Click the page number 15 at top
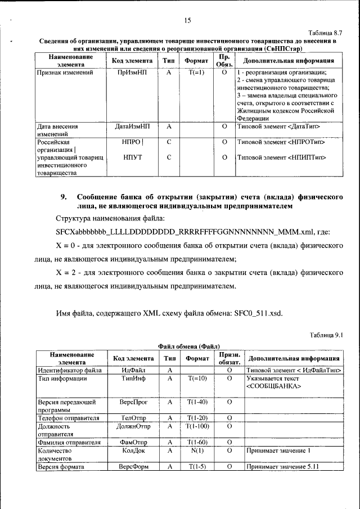187,21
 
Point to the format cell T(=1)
195,73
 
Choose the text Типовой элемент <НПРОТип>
281,142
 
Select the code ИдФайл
133,370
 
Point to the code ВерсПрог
133,403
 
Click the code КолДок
133,451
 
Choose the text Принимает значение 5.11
278,467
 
